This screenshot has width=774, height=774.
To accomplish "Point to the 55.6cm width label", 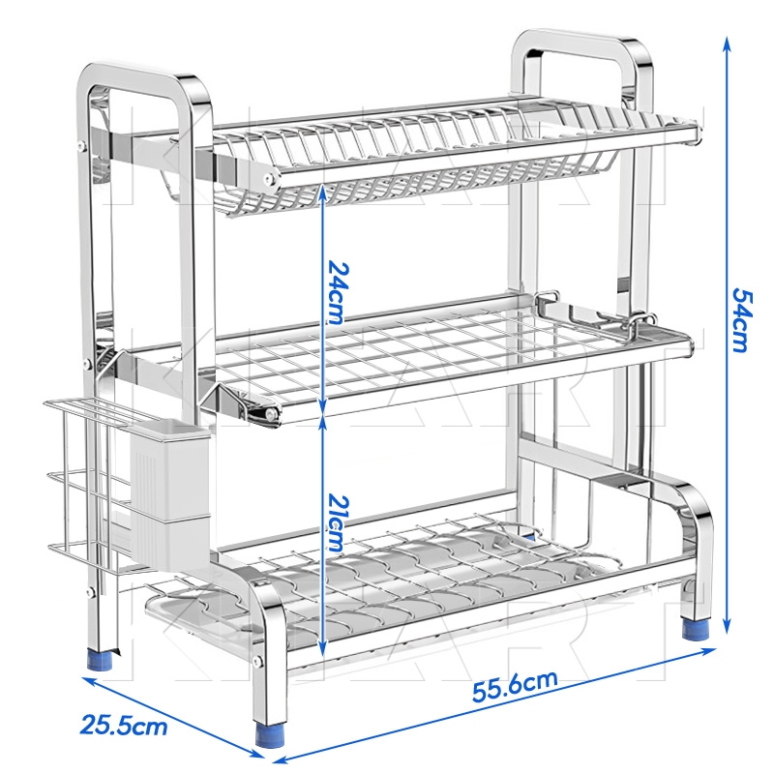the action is click(515, 686).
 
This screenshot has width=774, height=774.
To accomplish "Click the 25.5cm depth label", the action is click(124, 725).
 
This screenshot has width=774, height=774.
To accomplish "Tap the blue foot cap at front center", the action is click(269, 735).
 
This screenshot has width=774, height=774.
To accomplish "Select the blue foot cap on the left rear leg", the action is click(102, 659).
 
